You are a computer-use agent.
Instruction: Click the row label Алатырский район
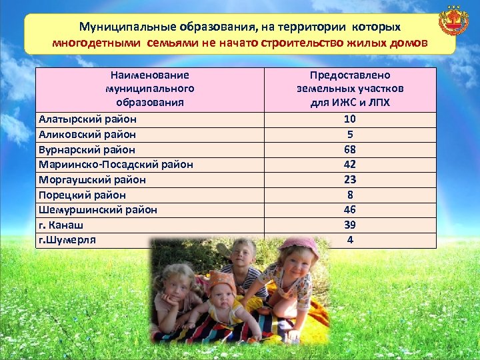(87, 119)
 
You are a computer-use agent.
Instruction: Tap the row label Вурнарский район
(87, 149)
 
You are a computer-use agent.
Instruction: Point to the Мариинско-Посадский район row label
(116, 164)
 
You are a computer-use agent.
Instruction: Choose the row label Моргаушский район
(92, 179)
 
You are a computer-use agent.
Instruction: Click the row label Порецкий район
(82, 195)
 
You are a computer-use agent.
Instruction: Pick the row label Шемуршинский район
(98, 209)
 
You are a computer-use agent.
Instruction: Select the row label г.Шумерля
(67, 239)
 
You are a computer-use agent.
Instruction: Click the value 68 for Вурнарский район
(350, 149)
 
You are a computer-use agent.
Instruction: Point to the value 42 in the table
(350, 164)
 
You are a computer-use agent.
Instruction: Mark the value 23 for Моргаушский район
(350, 179)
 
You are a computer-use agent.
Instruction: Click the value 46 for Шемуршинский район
(350, 209)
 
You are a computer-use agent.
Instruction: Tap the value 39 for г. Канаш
(350, 225)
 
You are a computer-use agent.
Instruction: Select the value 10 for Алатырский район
(350, 119)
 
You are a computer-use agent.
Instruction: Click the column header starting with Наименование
(150, 89)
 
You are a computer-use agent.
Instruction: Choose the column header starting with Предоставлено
(350, 89)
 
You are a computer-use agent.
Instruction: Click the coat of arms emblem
(453, 22)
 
